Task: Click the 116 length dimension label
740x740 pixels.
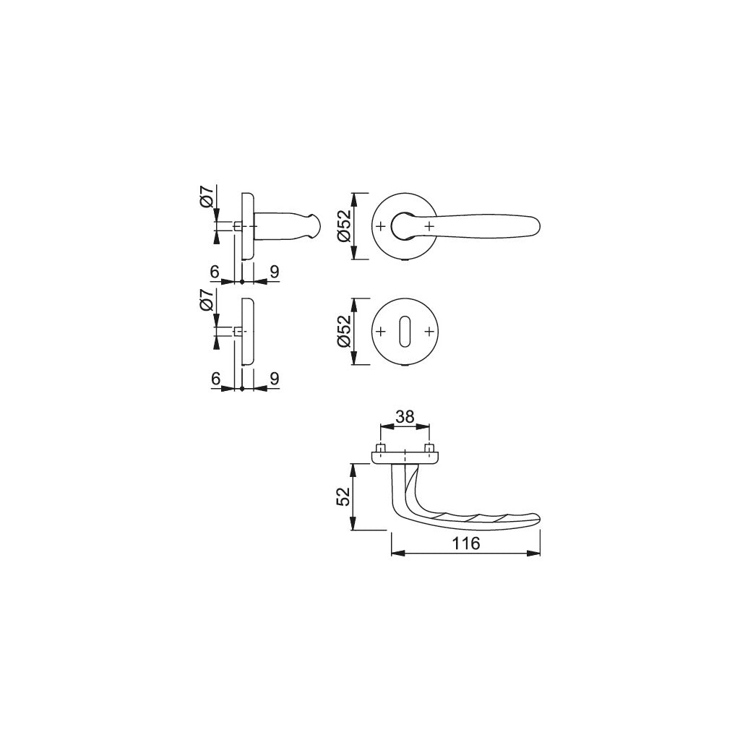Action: point(465,544)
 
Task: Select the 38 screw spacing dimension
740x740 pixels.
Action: point(405,416)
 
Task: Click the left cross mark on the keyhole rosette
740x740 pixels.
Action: point(381,332)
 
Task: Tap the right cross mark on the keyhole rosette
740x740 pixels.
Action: point(429,332)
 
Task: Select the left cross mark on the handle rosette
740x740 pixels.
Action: point(381,226)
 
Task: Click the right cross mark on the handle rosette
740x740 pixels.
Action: point(429,226)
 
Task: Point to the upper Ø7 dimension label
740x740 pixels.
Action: point(207,197)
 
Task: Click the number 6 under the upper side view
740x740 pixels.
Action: point(214,272)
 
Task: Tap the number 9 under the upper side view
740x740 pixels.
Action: point(274,272)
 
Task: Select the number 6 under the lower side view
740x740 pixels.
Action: point(214,378)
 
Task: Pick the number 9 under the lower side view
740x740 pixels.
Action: point(274,378)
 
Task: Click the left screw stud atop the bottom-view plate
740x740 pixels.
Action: point(381,448)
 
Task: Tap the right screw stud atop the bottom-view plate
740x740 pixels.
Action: point(429,448)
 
